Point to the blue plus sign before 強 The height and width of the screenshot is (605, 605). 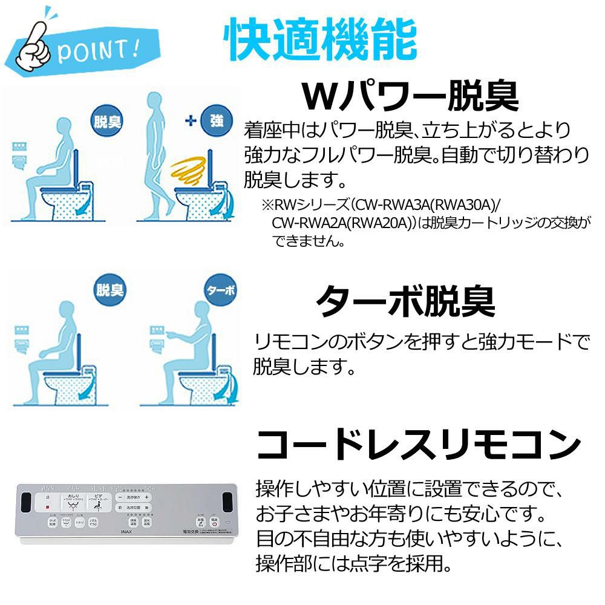191,120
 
